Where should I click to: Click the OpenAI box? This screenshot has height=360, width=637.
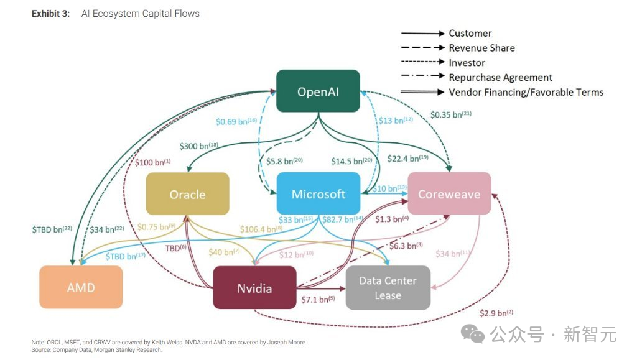point(318,91)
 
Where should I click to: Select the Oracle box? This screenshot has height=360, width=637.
point(187,194)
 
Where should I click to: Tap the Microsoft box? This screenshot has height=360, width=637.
point(318,194)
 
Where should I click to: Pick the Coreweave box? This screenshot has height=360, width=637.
point(449,194)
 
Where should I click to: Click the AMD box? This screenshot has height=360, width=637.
point(81,287)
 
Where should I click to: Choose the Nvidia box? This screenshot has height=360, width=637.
point(254,288)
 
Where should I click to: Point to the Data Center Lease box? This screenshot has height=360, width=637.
point(388,288)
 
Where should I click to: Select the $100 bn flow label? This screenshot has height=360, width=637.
point(152,162)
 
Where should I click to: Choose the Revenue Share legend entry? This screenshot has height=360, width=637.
point(481,48)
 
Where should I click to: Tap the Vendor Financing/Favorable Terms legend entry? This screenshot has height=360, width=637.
point(526,92)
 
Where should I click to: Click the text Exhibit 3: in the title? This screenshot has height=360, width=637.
point(52,13)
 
